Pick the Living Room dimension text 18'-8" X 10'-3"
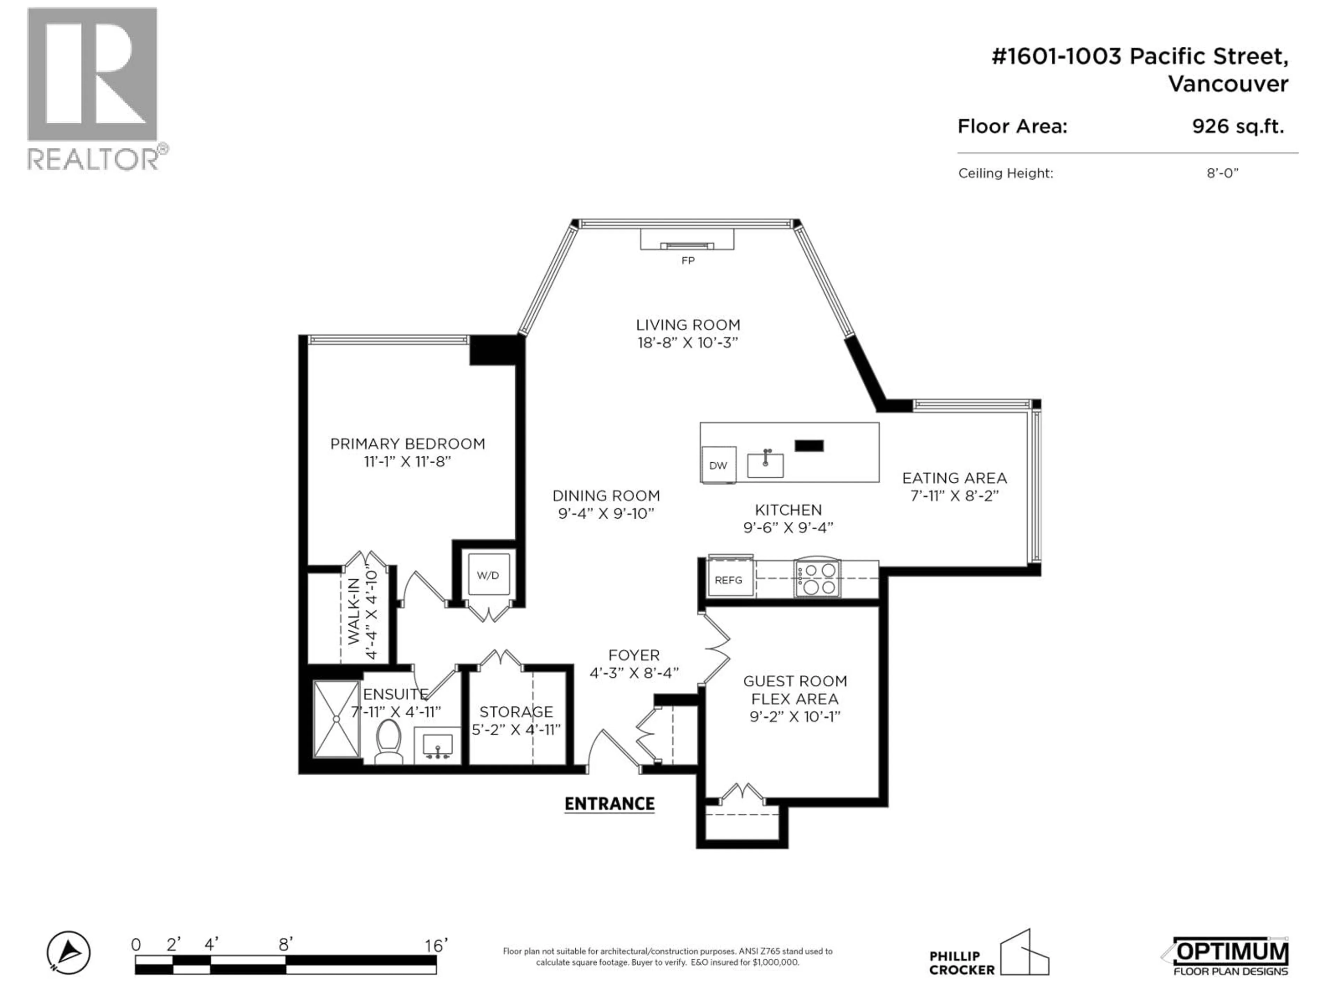click(688, 343)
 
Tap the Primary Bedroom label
click(407, 443)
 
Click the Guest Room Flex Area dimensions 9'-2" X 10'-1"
click(795, 716)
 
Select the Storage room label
click(516, 712)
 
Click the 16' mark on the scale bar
click(436, 945)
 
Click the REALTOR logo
click(97, 89)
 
